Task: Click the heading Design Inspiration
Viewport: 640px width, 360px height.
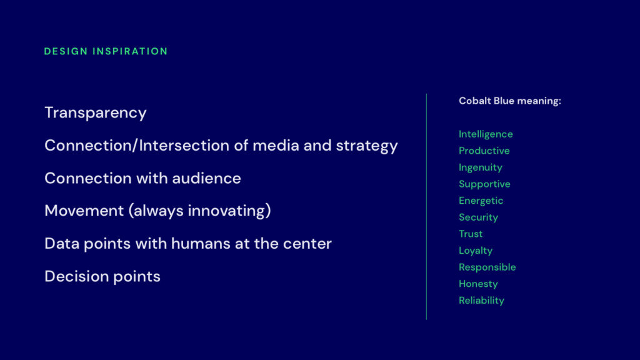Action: coord(106,51)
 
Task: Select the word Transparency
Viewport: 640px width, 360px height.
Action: coord(96,113)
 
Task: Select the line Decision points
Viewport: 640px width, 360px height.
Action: coord(102,276)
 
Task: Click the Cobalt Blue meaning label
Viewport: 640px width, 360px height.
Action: coord(510,101)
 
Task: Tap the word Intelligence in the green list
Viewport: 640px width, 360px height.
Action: coord(486,134)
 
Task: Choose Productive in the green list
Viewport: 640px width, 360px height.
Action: coord(484,151)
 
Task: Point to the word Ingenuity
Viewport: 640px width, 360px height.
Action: coord(481,167)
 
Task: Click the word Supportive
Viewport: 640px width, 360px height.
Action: coord(484,184)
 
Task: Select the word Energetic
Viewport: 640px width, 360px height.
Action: coord(481,201)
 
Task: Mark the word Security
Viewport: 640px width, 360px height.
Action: coord(478,217)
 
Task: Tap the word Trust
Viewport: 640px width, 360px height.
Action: coord(471,234)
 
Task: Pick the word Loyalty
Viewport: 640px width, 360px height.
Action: coord(476,251)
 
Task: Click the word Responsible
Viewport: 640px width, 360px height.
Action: coord(487,267)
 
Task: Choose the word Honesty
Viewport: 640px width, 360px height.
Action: coord(478,284)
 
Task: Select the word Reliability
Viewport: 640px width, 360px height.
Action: coord(481,301)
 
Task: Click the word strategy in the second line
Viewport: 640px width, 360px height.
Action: coord(367,146)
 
